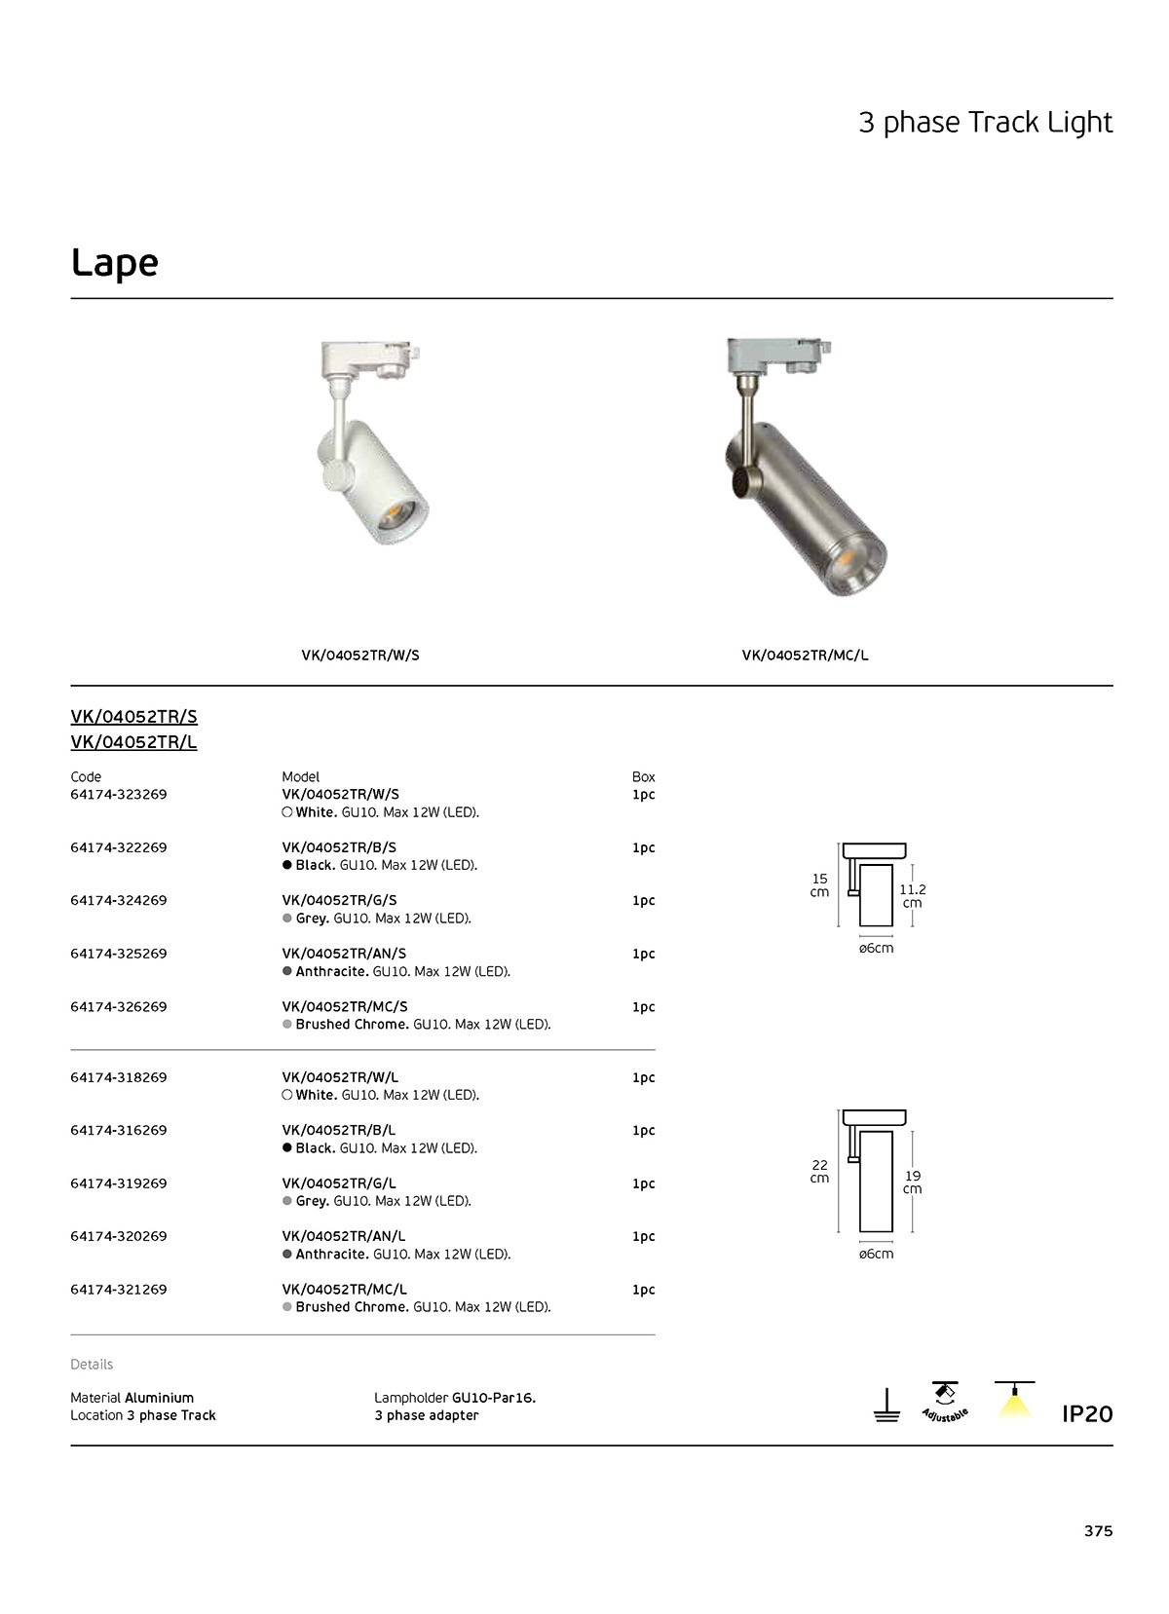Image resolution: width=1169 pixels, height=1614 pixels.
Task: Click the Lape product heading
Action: [115, 263]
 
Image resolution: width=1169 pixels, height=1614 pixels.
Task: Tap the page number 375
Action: [1098, 1530]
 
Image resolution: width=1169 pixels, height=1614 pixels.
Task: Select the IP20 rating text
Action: [1086, 1413]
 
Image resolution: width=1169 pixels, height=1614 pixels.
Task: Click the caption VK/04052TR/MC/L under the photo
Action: [805, 656]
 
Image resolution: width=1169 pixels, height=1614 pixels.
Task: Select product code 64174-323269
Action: [119, 795]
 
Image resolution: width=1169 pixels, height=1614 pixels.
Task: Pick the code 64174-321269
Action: [119, 1290]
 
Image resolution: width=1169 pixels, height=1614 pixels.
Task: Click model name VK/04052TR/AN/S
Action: [344, 954]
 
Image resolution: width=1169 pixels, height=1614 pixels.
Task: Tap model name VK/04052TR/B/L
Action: [339, 1131]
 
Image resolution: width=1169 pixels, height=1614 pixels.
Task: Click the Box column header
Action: [643, 777]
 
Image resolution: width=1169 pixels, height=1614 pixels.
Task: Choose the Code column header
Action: [86, 777]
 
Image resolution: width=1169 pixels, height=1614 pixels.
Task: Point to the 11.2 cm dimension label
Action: [912, 896]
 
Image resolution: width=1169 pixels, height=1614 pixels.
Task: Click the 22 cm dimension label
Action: [820, 1172]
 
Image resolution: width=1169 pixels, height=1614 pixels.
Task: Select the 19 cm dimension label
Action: [912, 1182]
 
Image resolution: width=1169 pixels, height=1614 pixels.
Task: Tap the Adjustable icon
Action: [944, 1404]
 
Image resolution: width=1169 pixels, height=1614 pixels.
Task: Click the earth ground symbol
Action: [886, 1407]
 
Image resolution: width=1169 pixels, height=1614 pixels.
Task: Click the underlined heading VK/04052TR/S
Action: [133, 717]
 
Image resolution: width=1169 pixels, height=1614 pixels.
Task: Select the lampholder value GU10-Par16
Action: [494, 1398]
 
